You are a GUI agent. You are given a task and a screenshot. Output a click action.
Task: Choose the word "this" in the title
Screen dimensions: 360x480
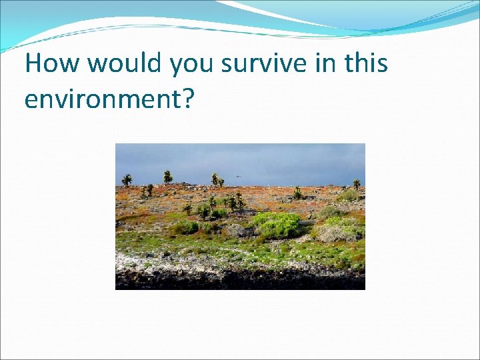[367, 64]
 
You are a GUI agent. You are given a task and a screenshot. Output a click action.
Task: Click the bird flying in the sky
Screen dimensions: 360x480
[238, 177]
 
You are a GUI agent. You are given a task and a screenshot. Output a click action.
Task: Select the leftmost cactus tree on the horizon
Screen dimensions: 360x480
[127, 179]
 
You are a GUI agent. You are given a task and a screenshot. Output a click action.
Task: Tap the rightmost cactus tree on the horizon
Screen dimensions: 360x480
[357, 183]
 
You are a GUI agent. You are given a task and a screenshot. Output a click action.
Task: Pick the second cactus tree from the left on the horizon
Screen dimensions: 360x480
[167, 177]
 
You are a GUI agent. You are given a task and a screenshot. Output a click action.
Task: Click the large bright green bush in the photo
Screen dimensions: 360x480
[277, 225]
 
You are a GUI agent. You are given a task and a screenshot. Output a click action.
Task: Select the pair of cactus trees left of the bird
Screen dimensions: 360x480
[217, 179]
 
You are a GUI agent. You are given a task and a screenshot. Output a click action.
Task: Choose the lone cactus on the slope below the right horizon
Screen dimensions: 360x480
[297, 193]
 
